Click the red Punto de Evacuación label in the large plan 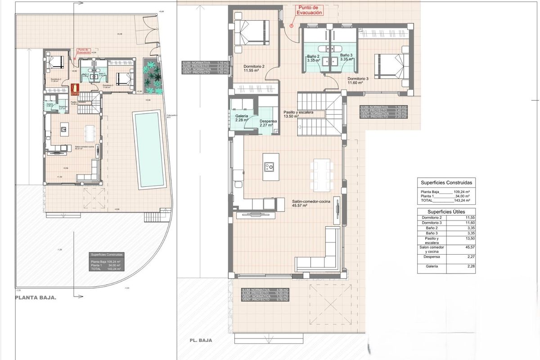click(308, 10)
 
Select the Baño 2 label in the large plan click(313, 57)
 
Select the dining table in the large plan click(322, 171)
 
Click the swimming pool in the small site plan click(147, 150)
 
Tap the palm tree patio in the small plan click(151, 74)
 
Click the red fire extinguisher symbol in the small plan click(75, 88)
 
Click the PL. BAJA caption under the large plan click(201, 341)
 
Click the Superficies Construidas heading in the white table click(446, 183)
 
